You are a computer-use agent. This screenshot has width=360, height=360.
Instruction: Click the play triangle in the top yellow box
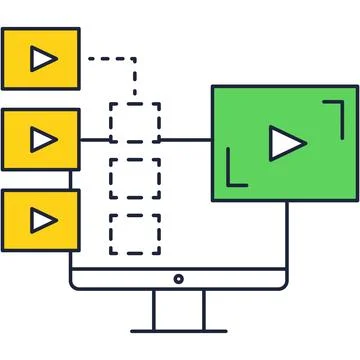(42, 60)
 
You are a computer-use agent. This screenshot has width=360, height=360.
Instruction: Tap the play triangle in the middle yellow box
(42, 138)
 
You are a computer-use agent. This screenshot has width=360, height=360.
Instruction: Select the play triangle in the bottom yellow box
(42, 218)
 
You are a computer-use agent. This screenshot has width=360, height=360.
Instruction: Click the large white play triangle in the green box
(286, 144)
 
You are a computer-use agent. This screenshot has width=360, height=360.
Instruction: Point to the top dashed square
(134, 122)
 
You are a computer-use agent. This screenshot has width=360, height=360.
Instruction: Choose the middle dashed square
(134, 178)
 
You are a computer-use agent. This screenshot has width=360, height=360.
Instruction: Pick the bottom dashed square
(134, 233)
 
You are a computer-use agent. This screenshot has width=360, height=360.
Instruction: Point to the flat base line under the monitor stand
(179, 330)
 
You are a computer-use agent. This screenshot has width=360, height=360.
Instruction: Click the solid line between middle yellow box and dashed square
(95, 139)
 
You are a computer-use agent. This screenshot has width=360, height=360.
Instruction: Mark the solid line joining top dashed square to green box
(185, 139)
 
